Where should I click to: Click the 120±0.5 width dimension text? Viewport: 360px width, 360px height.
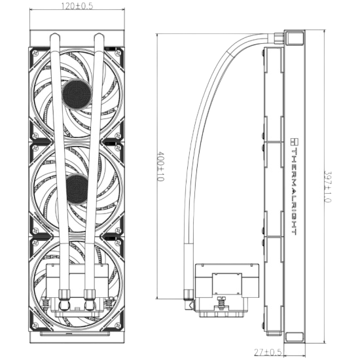(77, 6)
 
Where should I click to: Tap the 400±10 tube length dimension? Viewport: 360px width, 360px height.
(161, 166)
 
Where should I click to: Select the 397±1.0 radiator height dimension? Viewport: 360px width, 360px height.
(327, 187)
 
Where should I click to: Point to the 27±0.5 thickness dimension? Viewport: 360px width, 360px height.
(268, 352)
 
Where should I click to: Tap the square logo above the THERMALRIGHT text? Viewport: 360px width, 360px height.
(294, 141)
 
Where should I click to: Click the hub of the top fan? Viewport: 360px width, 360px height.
(77, 94)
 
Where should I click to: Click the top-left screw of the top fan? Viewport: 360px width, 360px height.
(35, 53)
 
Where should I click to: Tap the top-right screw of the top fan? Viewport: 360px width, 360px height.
(118, 53)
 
